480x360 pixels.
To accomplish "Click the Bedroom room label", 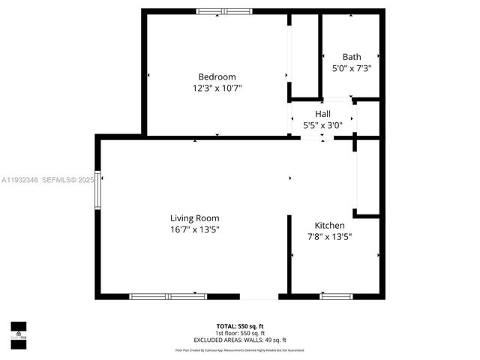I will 217,76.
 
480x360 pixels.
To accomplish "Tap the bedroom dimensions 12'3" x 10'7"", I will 217,88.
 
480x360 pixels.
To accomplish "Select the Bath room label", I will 351,57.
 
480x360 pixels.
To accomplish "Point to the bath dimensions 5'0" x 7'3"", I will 352,68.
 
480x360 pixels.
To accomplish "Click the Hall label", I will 322,114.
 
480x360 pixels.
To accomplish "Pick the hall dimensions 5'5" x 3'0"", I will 322,125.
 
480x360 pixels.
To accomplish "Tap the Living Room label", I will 194,218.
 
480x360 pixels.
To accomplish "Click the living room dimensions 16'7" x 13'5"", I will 194,229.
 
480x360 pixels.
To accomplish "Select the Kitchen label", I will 329,225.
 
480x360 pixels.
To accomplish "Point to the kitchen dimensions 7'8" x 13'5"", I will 329,236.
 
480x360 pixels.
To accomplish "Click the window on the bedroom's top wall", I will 225,11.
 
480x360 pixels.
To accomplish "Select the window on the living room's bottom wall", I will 168,296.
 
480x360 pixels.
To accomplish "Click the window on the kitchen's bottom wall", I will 336,296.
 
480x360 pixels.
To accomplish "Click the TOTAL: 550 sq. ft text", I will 240,326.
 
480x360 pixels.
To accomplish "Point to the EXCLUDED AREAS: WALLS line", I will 240,340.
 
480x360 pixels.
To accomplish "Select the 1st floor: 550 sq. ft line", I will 240,333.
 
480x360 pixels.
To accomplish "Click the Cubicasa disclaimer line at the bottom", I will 240,350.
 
